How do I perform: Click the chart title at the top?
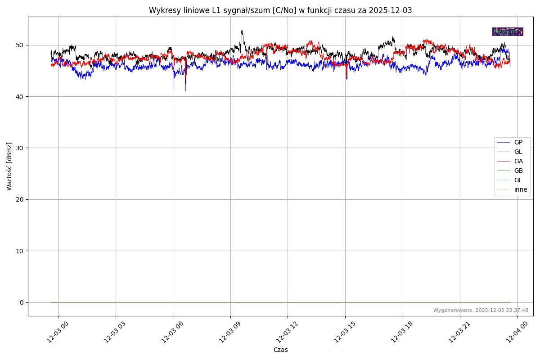pos(280,10)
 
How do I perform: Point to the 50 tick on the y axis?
pos(20,45)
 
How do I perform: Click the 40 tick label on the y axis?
pos(20,96)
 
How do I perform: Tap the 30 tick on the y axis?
pos(20,148)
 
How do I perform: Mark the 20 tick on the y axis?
pos(20,199)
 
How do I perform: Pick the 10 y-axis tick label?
pos(20,251)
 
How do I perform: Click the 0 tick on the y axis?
pos(22,302)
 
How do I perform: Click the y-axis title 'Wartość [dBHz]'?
pos(9,166)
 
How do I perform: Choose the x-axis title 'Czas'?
pos(280,350)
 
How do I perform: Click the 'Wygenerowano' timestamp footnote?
pos(481,310)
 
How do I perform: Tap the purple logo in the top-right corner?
pos(508,31)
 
